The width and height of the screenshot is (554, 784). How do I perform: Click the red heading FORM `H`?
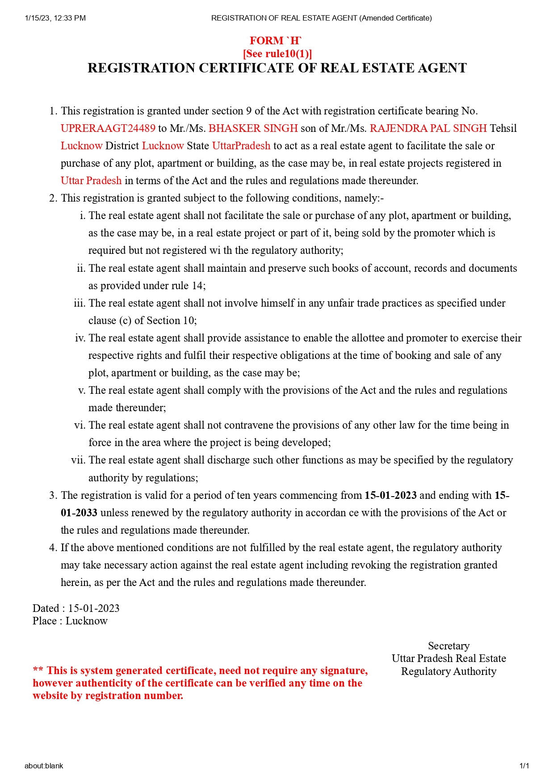276,41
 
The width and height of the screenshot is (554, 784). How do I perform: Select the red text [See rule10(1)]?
277,54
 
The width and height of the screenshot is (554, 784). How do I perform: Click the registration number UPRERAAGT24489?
108,128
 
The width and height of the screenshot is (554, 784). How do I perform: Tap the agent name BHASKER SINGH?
253,128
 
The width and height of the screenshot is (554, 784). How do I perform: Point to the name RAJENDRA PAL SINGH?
428,128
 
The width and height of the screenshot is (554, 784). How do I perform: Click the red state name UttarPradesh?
241,146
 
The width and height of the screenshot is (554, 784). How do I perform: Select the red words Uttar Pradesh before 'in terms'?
91,181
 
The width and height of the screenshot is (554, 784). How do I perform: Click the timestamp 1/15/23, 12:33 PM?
55,18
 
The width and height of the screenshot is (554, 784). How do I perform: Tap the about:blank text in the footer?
44,766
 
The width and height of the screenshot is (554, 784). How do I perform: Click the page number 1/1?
524,766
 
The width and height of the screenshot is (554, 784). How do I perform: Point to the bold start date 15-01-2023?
390,495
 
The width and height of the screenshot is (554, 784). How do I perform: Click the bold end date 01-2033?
79,513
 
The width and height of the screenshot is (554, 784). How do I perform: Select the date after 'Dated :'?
93,608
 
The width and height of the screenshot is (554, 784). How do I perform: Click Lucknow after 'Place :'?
87,621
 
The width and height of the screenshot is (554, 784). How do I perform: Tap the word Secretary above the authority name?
449,646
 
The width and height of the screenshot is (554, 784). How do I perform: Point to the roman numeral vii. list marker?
78,460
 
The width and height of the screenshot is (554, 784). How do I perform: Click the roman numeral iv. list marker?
80,338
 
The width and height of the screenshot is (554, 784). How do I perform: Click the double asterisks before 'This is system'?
38,670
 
